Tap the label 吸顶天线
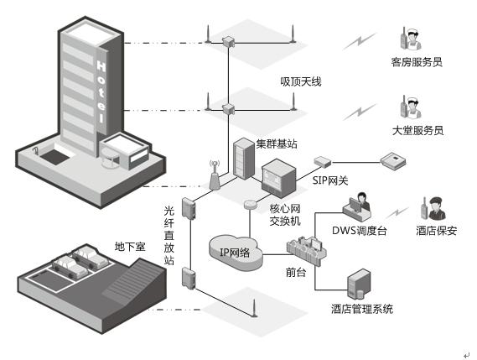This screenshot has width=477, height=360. [301, 82]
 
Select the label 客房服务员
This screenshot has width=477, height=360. [417, 62]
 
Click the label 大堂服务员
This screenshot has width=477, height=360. [417, 131]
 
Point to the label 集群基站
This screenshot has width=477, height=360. [277, 143]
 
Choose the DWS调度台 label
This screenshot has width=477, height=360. [359, 231]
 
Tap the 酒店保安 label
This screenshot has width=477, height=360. [437, 230]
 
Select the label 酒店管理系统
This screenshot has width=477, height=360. [362, 310]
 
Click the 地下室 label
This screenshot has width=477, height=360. [130, 248]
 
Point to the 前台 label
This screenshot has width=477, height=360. [295, 273]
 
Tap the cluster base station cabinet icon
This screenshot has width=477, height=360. [243, 158]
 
